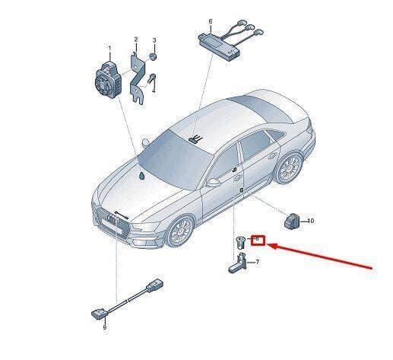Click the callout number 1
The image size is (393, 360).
(109, 48)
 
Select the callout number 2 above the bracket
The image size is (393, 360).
(136, 40)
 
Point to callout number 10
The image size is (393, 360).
(310, 221)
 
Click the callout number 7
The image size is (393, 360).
(258, 262)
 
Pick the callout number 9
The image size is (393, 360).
(105, 327)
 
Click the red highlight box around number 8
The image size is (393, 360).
(258, 241)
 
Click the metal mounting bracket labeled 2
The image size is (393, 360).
(138, 78)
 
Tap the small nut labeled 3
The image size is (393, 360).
(153, 57)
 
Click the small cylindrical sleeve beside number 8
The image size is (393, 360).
(239, 243)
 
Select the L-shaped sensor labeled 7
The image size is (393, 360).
(238, 264)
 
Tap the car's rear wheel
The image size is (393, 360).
(289, 168)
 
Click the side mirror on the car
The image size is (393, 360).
(214, 183)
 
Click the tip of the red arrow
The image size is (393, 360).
(268, 245)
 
